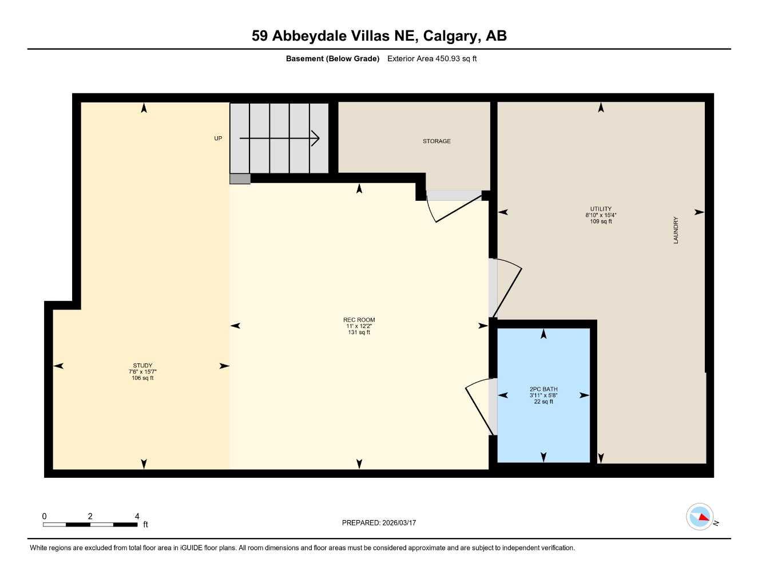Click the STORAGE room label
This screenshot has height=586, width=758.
point(436,141)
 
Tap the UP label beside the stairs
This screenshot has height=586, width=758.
point(218,138)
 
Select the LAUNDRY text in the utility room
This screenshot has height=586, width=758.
point(676,230)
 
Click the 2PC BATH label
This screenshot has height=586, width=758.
point(543,389)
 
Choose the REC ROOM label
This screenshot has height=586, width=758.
point(359,320)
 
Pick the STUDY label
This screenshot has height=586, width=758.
point(142,366)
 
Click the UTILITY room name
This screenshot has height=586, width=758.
point(601,209)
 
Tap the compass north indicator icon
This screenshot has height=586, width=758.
point(700,517)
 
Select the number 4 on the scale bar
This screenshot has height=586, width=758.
point(137,516)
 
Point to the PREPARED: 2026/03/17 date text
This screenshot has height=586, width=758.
point(379,522)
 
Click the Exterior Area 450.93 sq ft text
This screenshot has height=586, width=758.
point(432,58)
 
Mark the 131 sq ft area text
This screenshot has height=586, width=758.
point(359,332)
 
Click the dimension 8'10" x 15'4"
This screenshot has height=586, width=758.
point(601,215)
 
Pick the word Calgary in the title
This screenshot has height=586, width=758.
point(451,36)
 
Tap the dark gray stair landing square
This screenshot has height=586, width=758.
point(240,179)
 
